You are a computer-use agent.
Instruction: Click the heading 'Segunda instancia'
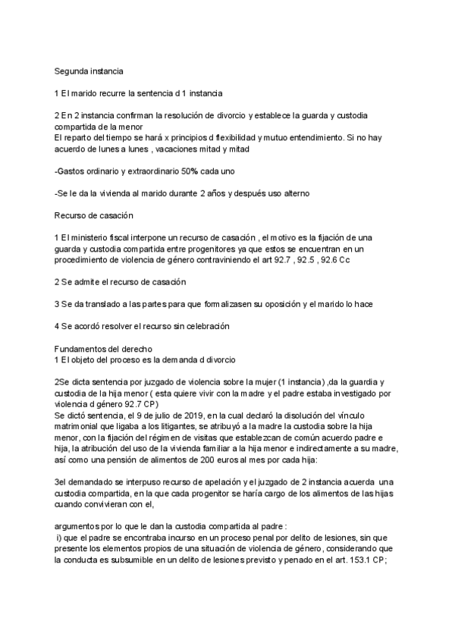(89, 71)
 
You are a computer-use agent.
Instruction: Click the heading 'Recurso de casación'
(94, 215)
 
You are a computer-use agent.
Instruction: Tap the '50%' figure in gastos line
(190, 171)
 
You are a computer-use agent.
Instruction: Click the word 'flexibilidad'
(231, 139)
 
